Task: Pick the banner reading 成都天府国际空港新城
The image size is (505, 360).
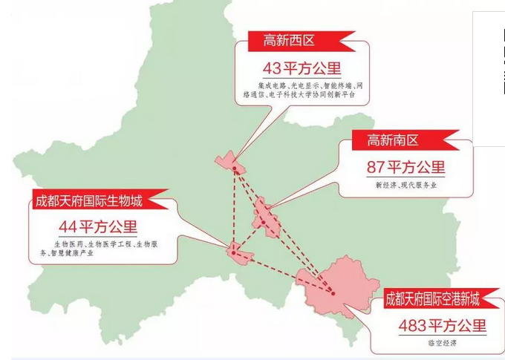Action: (432, 300)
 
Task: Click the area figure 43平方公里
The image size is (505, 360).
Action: (302, 68)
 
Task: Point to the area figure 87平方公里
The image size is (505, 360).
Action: (405, 167)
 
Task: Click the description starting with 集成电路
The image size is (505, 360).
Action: (301, 91)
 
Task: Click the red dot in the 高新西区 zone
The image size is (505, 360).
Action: (234, 168)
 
